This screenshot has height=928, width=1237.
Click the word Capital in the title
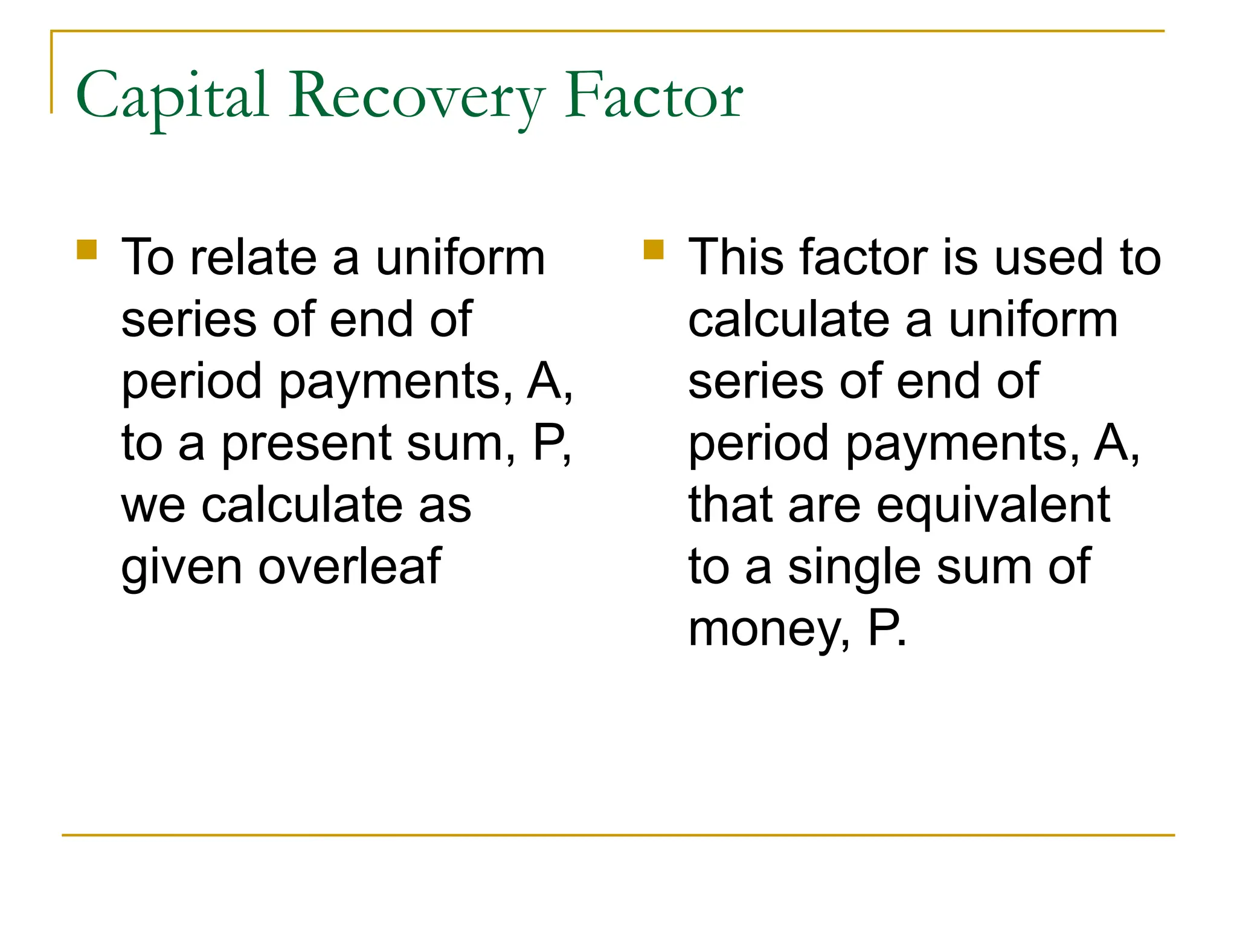[x=172, y=97]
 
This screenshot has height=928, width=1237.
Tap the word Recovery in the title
[x=417, y=97]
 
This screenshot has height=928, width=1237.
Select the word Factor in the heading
[x=654, y=97]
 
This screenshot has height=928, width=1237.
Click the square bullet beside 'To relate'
[x=87, y=250]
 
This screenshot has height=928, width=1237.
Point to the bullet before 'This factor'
[x=654, y=250]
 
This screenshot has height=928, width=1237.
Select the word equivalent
[x=993, y=505]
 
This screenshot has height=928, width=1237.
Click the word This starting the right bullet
[x=739, y=258]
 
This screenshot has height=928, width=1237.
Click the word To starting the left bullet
[x=148, y=258]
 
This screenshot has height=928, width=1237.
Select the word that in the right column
[x=731, y=505]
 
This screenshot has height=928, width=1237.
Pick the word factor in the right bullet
[x=864, y=258]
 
